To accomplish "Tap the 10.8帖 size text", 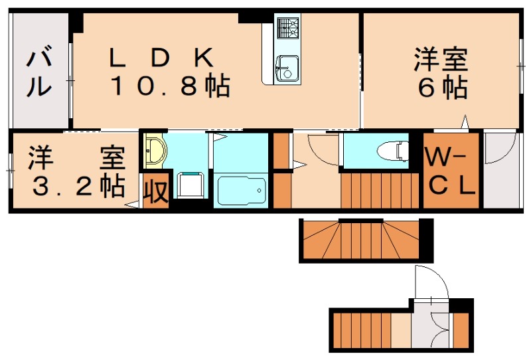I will (x=170, y=86).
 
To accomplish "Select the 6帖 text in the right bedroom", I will (x=441, y=88).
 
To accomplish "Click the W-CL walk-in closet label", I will (x=451, y=171).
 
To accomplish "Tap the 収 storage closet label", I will (x=156, y=192).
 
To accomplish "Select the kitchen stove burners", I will (x=288, y=29).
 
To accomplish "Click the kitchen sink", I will (x=287, y=67).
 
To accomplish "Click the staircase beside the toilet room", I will (x=381, y=191).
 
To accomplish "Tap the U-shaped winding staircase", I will (x=364, y=240).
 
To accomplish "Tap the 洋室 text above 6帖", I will (x=441, y=60).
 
